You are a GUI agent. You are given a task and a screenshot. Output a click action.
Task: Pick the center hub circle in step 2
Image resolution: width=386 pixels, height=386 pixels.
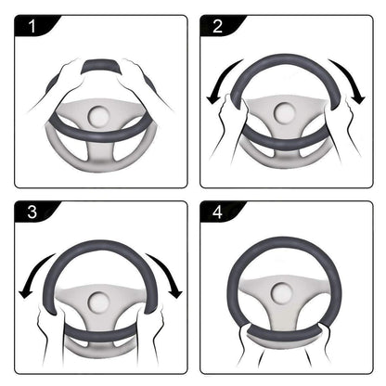[x=286, y=116]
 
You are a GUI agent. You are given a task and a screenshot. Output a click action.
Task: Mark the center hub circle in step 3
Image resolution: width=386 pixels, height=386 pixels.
[x=99, y=302]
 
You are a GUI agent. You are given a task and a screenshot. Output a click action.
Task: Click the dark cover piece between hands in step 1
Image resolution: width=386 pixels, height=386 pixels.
[x=99, y=67]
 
